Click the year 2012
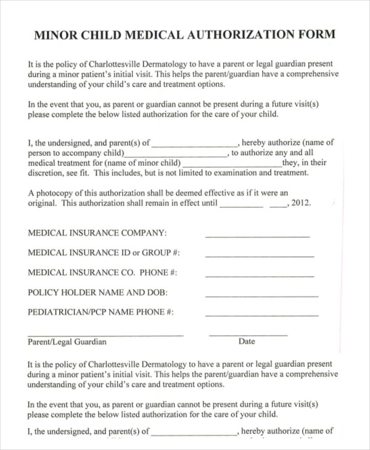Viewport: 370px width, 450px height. tap(301, 203)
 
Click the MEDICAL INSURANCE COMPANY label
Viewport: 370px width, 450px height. tap(97, 233)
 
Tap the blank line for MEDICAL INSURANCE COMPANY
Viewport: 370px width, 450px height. tap(257, 236)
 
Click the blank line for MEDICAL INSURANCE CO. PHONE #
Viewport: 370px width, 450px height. tap(260, 276)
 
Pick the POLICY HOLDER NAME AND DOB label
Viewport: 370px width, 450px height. tap(97, 292)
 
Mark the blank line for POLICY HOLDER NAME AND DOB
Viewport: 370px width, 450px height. tap(260, 295)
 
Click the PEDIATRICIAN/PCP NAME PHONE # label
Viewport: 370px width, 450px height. tap(101, 312)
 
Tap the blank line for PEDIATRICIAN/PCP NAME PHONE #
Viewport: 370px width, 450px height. tap(261, 315)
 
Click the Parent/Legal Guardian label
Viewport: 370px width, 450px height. tap(67, 342)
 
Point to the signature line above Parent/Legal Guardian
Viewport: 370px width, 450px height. tap(105, 335)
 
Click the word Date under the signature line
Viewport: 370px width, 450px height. tap(247, 342)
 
